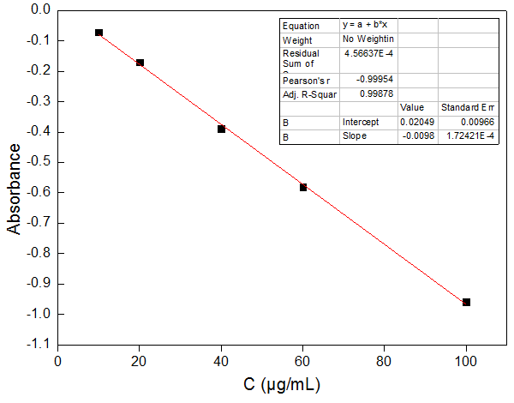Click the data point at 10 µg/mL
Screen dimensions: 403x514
tap(99, 33)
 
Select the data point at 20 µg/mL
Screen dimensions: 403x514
tap(140, 63)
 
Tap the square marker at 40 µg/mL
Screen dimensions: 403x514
tap(221, 129)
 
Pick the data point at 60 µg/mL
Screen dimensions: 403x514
tap(303, 187)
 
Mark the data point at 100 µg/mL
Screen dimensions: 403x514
tap(466, 302)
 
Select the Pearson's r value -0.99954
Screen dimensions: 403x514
tap(369, 79)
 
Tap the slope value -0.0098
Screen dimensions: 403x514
tap(418, 135)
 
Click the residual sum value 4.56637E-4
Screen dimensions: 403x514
tap(368, 53)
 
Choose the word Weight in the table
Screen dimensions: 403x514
tap(298, 39)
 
